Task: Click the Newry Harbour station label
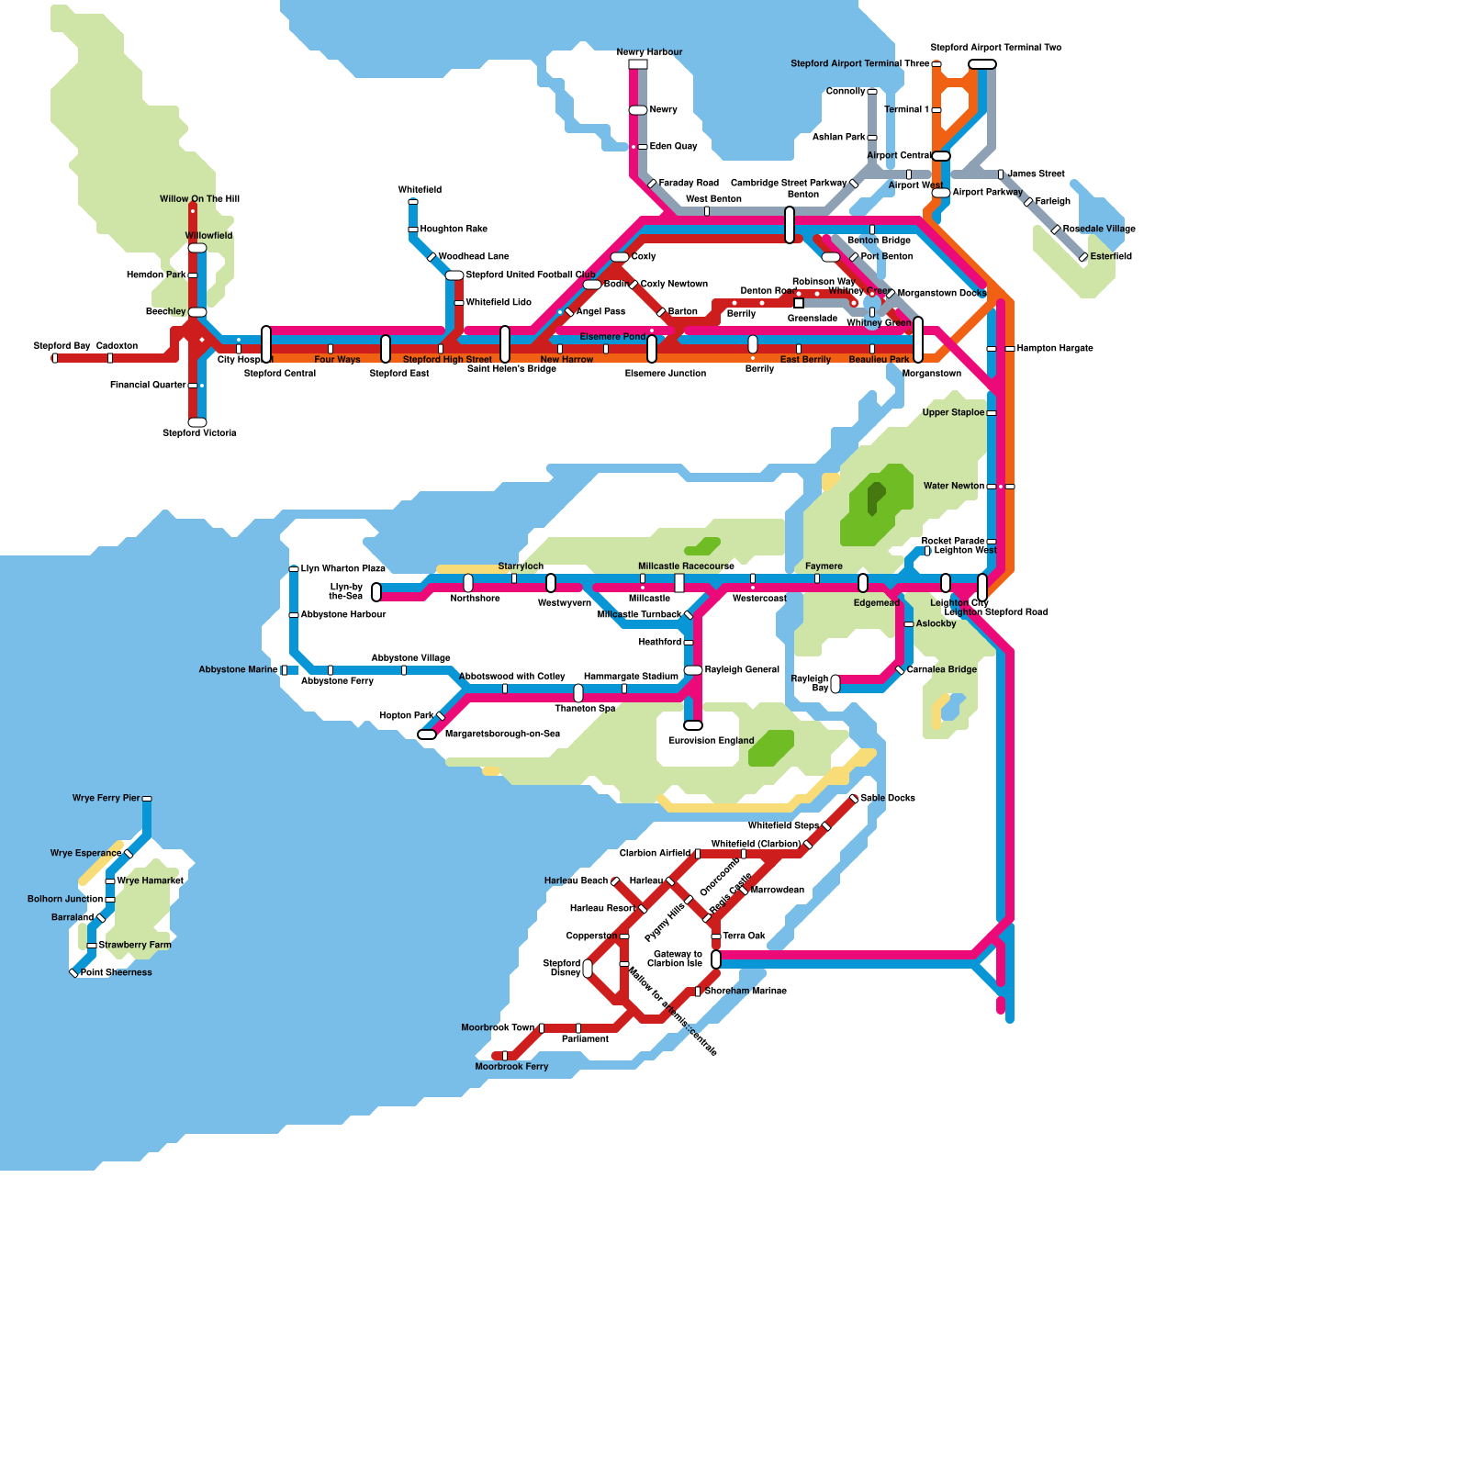click(649, 52)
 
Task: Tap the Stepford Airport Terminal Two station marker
click(982, 64)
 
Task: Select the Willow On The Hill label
click(199, 199)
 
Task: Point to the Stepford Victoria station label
click(199, 433)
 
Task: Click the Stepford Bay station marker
click(55, 358)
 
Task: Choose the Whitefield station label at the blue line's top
click(420, 190)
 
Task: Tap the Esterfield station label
click(1111, 257)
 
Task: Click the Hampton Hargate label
click(1055, 349)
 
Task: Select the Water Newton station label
click(954, 487)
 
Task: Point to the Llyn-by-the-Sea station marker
click(376, 592)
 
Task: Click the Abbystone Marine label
click(239, 670)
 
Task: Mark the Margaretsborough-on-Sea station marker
click(427, 734)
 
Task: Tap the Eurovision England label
click(712, 741)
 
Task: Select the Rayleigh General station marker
click(693, 670)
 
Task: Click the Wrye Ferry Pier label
click(107, 799)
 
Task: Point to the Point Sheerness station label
click(117, 973)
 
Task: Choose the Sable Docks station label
click(888, 799)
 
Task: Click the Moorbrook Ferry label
click(511, 1067)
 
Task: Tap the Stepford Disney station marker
click(588, 969)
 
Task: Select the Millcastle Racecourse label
click(686, 566)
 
